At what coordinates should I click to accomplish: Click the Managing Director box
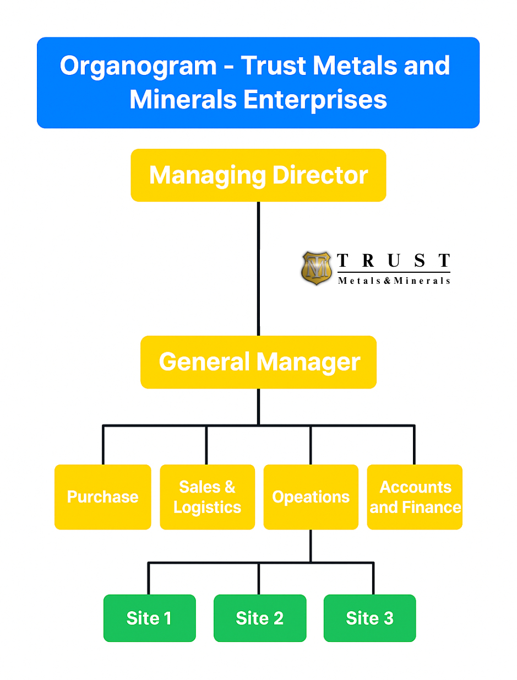coord(258,175)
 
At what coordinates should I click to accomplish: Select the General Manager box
coord(258,362)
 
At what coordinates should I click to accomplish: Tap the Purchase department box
coord(102,496)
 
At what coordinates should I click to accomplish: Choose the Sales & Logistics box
coord(207,496)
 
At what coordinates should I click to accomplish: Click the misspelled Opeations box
coord(311,496)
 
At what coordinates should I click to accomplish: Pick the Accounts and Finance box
coord(415,496)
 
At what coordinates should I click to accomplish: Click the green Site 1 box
coord(149,618)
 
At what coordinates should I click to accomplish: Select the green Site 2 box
coord(259,618)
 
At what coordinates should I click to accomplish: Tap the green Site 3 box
coord(369,618)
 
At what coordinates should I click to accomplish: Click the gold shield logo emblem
coord(317,268)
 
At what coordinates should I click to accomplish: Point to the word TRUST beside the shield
coord(393,261)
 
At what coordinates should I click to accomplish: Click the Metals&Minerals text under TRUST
coord(394,280)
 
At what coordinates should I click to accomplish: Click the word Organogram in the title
coord(138,66)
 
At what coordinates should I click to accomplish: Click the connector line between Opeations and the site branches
coord(311,546)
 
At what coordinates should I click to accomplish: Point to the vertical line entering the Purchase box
coord(103,445)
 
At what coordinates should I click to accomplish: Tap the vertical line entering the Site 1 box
coord(149,579)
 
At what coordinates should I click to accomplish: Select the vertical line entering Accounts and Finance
coord(414,445)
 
